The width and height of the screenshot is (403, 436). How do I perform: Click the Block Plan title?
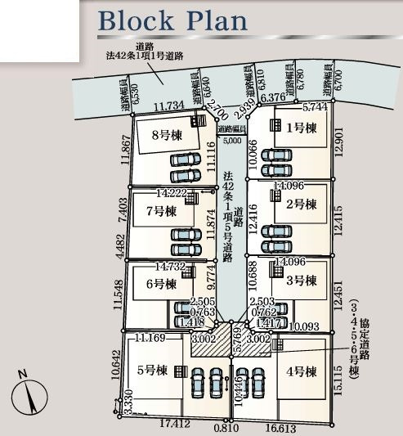172,20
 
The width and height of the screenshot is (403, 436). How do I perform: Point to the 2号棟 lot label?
301,205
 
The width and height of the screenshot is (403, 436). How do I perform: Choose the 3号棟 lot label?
301,281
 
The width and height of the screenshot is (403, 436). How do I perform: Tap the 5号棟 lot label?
153,370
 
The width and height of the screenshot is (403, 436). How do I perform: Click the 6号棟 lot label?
161,284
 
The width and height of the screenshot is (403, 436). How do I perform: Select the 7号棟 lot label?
161,211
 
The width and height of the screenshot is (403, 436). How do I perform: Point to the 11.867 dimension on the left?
125,149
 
